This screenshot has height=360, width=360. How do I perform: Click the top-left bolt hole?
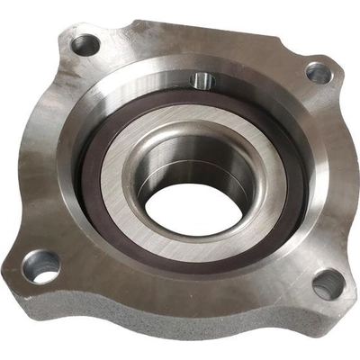point(86,42)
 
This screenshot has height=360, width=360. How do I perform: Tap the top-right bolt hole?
point(319,73)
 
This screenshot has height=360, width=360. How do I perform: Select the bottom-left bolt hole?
point(41,265)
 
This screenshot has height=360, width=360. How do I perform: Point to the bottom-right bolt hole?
point(328,283)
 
